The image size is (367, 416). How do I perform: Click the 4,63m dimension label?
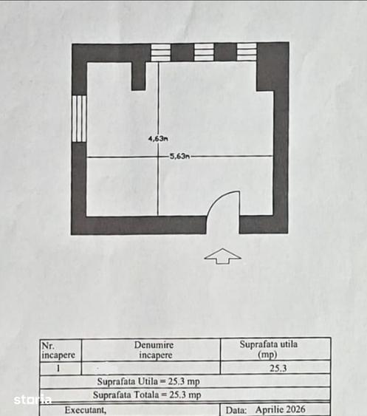pyautogui.click(x=158, y=138)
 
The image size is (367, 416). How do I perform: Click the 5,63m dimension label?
pyautogui.click(x=179, y=156)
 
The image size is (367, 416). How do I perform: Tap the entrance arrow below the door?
pyautogui.click(x=223, y=256)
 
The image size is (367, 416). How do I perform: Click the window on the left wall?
pyautogui.click(x=79, y=119)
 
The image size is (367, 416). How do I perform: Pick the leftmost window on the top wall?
pyautogui.click(x=161, y=52)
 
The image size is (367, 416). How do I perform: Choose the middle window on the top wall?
pyautogui.click(x=204, y=52)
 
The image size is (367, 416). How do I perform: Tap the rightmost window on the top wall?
pyautogui.click(x=247, y=52)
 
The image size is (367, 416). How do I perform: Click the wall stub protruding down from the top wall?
pyautogui.click(x=138, y=76)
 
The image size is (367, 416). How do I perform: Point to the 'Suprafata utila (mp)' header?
pyautogui.click(x=269, y=349)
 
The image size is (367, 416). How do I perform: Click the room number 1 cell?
pyautogui.click(x=58, y=368)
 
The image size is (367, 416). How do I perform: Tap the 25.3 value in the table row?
pyautogui.click(x=278, y=368)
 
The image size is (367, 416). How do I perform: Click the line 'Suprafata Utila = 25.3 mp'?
pyautogui.click(x=148, y=381)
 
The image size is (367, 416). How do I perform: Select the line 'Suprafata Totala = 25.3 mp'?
pyautogui.click(x=147, y=395)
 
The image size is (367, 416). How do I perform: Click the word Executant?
pyautogui.click(x=86, y=410)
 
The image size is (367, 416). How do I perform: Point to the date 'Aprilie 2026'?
pyautogui.click(x=281, y=409)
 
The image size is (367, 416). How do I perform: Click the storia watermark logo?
pyautogui.click(x=32, y=400)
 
